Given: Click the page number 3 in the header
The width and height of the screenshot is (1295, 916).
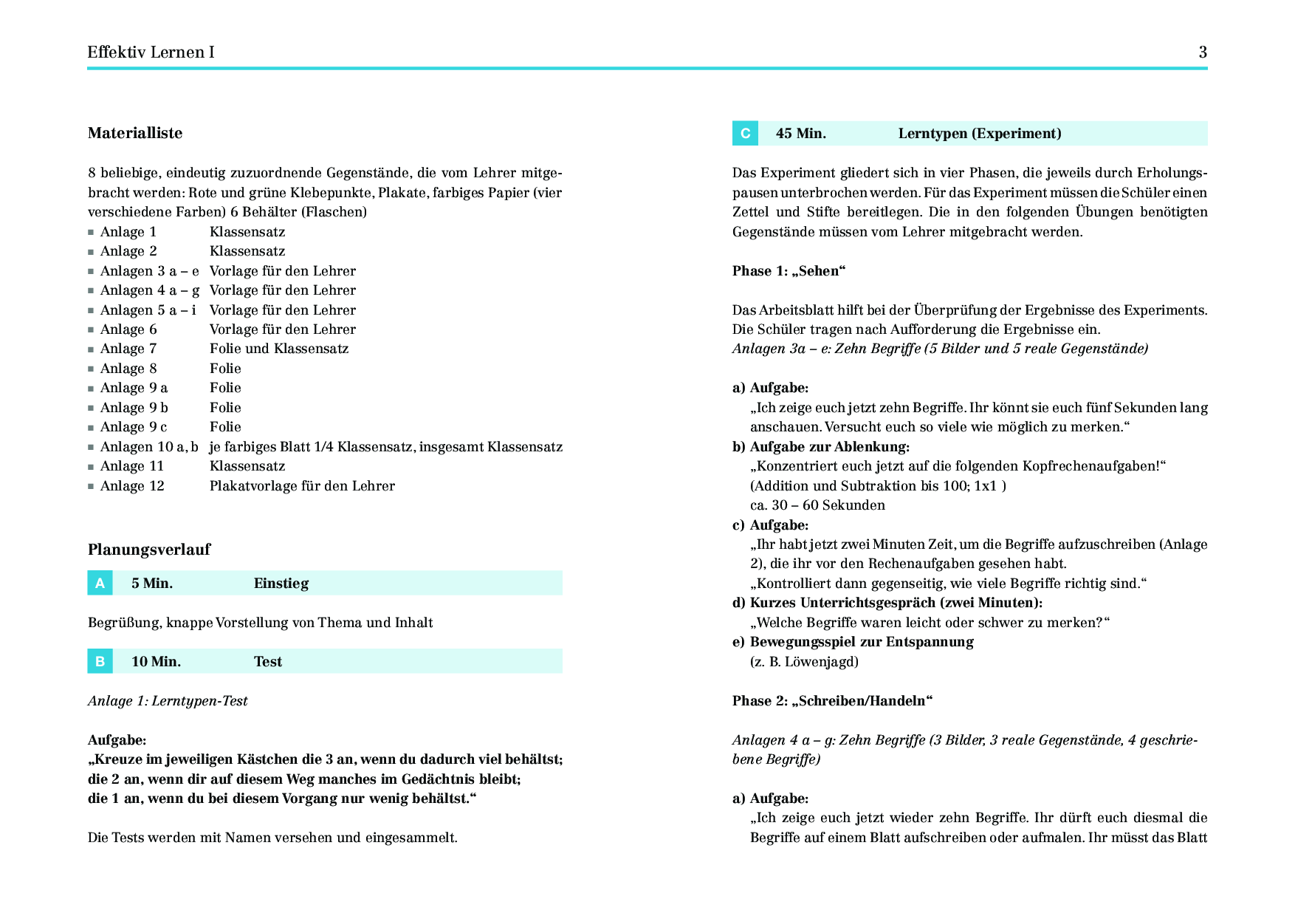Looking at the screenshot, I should coord(1203,52).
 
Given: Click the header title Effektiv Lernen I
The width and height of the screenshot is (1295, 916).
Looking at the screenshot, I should coord(151,52).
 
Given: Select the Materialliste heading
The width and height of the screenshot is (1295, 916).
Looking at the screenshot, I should coord(135,133).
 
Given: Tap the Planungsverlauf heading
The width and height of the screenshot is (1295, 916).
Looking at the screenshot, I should coord(149,550).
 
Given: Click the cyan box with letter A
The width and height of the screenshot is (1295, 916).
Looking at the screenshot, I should coord(100,583).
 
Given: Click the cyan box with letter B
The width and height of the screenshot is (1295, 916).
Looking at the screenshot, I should coord(100,661).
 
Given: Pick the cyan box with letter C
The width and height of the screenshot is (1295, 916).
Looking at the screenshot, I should coord(745,134).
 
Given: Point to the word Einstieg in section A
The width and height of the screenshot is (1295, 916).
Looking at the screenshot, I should coord(281,584).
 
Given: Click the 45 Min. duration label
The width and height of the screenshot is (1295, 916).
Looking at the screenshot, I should coord(801,134).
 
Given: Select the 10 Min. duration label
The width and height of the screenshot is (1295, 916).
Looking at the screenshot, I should coord(156,662).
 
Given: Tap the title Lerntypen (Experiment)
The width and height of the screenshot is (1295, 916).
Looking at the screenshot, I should coord(980,134).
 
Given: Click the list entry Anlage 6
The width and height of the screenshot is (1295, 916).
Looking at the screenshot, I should coord(128,329).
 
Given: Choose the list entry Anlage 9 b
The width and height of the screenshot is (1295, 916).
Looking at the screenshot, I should coord(134,408).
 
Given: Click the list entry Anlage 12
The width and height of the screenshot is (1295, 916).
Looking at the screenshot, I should coord(132,486).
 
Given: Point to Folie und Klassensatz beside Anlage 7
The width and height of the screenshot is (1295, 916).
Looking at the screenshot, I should coord(279,349).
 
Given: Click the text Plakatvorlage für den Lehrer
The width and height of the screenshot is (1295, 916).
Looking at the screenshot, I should coord(302,486).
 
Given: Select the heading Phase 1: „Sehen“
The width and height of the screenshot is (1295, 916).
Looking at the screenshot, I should coord(789,271).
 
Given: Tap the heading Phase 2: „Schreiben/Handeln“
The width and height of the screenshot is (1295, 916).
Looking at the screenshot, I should coord(832,701).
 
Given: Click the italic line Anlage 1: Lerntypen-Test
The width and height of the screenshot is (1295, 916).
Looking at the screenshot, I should coord(168,701).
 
